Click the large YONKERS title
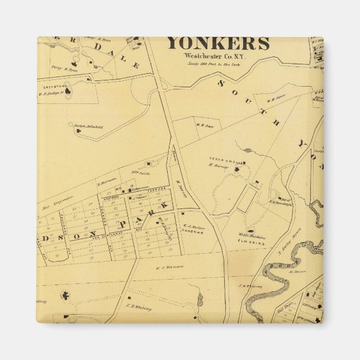tap(219, 44)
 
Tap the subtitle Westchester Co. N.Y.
tap(219, 56)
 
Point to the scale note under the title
tap(219, 64)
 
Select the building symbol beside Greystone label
tap(68, 91)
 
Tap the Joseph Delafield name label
tap(89, 127)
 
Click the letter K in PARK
tap(164, 206)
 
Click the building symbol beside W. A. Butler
tap(182, 214)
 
